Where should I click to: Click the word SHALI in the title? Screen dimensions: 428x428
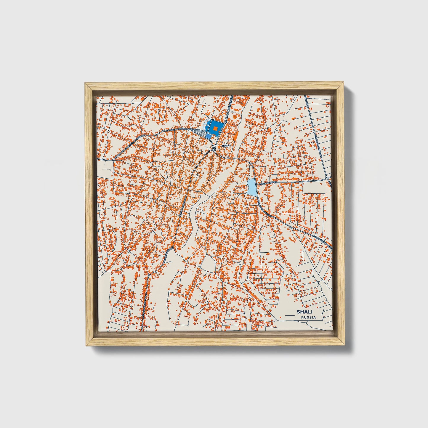(x=302, y=312)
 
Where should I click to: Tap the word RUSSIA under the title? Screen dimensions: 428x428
(x=308, y=317)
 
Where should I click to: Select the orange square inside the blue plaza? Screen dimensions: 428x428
(x=215, y=128)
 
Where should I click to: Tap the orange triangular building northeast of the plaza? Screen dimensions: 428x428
(x=235, y=116)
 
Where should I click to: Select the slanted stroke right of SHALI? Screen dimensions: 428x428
(x=323, y=312)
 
